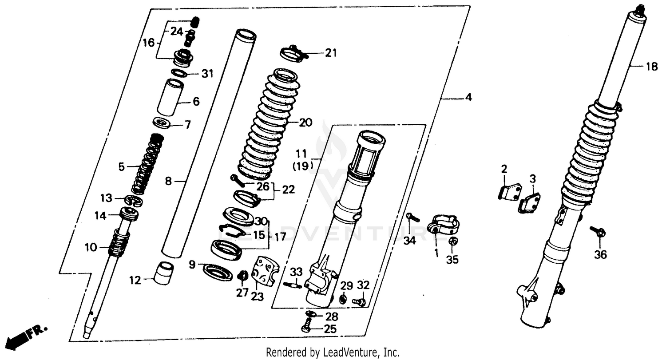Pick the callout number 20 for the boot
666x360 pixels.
pyautogui.click(x=305, y=123)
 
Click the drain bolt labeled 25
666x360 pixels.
pyautogui.click(x=306, y=329)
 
